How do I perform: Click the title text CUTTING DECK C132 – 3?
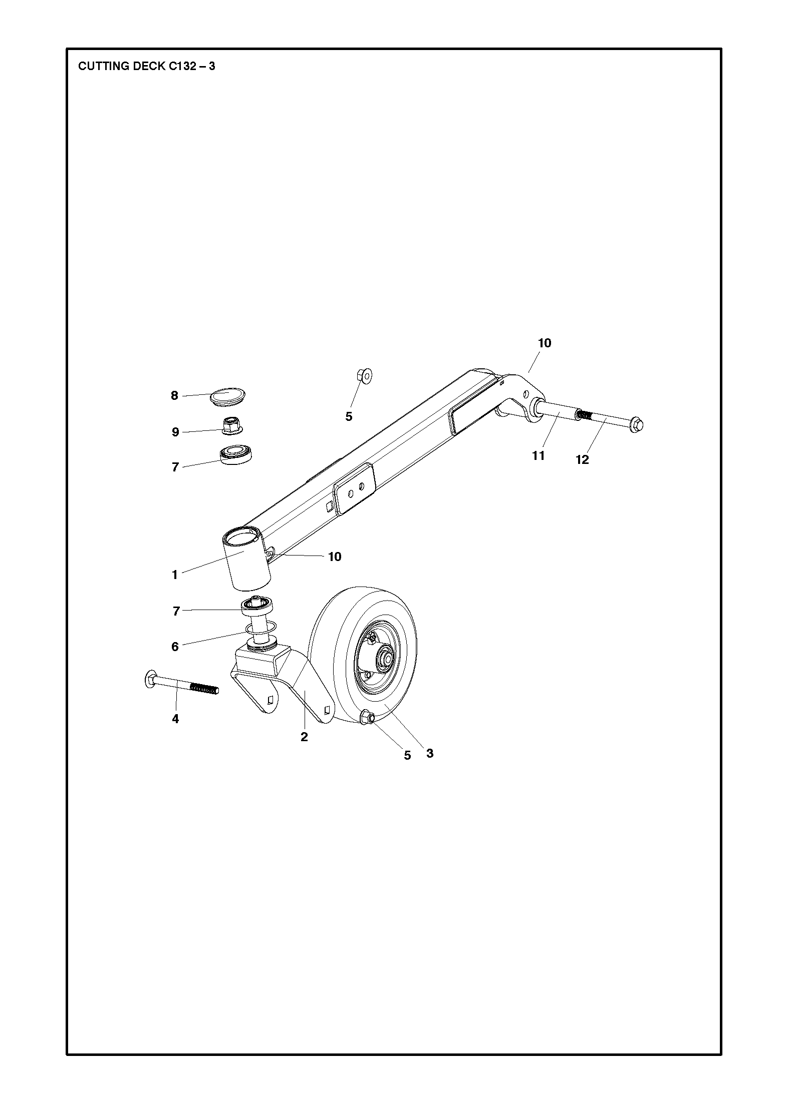click(146, 66)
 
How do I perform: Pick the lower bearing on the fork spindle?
click(257, 606)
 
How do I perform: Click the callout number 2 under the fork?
click(304, 737)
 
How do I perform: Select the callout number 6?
click(175, 647)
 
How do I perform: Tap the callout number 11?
click(539, 456)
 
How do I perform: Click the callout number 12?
click(582, 460)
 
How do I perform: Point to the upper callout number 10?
click(545, 343)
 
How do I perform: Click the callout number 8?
click(174, 396)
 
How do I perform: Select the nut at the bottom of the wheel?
click(367, 717)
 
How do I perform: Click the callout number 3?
click(430, 753)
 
